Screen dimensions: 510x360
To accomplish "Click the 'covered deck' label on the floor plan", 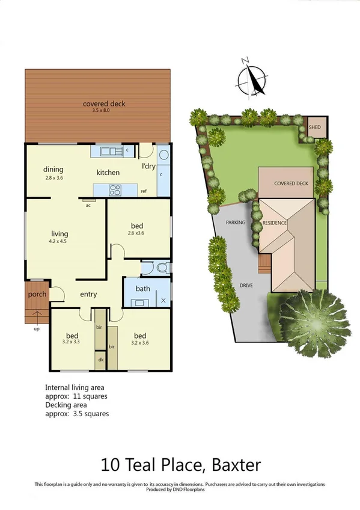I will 104,104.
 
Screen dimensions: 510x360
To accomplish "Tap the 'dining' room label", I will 53,170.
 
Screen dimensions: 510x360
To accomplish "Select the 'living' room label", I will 59,233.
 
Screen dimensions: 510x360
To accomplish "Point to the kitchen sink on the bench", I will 111,150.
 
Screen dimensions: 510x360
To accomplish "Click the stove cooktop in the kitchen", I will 115,190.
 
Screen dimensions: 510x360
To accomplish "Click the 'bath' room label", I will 142,289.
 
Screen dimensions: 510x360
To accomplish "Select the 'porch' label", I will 37,294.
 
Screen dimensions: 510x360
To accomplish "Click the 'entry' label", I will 88,294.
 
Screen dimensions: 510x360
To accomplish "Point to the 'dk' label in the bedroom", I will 100,360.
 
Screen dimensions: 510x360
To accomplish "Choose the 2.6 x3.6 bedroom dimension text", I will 137,233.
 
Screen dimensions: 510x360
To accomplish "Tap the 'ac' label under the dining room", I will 88,205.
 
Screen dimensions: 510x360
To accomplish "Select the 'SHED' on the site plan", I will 314,127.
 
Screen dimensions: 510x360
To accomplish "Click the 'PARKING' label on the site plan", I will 235,223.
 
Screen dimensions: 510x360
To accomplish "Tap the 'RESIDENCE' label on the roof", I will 275,223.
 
